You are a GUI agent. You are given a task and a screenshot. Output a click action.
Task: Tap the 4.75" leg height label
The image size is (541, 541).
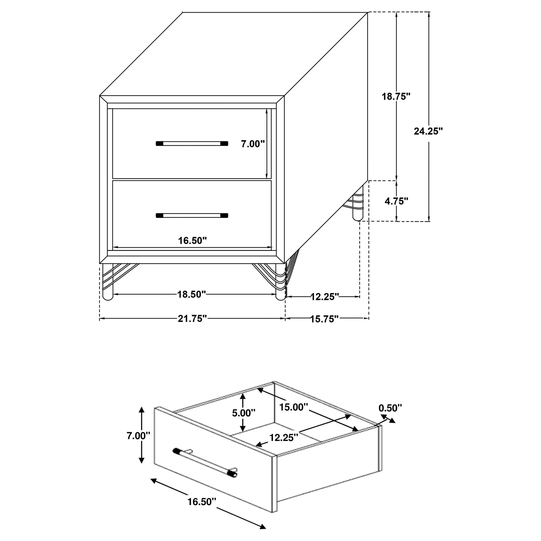(396, 201)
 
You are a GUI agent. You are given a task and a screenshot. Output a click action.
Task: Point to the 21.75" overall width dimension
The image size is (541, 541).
(192, 319)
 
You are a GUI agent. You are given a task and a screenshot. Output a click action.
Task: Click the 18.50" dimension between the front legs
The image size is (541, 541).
(192, 294)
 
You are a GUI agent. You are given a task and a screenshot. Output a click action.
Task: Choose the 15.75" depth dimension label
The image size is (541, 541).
(324, 319)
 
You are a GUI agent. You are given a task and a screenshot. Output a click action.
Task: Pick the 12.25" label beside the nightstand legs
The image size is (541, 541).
(325, 297)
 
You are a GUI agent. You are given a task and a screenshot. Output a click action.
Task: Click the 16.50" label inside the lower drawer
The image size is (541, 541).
(192, 241)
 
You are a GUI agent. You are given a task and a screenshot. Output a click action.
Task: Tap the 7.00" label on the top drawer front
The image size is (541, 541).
(253, 144)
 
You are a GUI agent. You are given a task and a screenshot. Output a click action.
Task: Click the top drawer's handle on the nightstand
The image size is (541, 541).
(192, 144)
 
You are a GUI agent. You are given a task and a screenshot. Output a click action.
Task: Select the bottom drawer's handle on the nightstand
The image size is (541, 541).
(192, 215)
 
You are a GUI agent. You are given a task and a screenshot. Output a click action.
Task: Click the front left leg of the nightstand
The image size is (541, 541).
(108, 283)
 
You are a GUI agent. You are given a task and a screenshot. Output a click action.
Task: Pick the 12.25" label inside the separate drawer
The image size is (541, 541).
(284, 437)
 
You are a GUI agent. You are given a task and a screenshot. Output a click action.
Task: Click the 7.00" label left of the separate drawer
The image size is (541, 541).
(138, 436)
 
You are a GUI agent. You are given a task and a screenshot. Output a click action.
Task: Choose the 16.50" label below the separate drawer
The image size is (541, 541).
(202, 502)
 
